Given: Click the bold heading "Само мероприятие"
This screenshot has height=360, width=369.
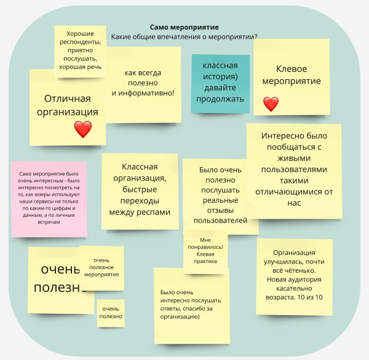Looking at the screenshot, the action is pyautogui.click(x=184, y=27).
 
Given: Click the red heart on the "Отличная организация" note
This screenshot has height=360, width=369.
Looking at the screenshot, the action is pyautogui.click(x=83, y=130).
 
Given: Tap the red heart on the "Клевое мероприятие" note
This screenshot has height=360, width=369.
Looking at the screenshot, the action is pyautogui.click(x=271, y=104).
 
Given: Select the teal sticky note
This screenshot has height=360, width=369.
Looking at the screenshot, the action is pyautogui.click(x=221, y=84).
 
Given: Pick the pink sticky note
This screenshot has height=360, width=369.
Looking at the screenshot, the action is pyautogui.click(x=49, y=199).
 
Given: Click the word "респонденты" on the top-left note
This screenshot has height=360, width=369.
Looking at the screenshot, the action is pyautogui.click(x=80, y=42).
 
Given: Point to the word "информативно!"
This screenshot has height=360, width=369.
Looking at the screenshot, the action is pyautogui.click(x=146, y=93).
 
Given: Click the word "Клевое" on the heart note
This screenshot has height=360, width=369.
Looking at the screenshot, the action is pyautogui.click(x=292, y=69).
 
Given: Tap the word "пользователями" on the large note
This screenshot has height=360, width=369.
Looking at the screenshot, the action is pyautogui.click(x=294, y=170).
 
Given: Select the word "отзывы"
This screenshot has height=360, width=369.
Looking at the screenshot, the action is pyautogui.click(x=220, y=211).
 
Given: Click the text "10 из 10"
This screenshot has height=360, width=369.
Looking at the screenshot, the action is pyautogui.click(x=310, y=297).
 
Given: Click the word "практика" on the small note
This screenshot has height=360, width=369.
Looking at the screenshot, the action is pyautogui.click(x=205, y=261).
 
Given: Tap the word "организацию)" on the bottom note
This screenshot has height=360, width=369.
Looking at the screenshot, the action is pyautogui.click(x=180, y=317).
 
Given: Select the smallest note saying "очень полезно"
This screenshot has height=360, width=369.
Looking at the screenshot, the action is pyautogui.click(x=111, y=313).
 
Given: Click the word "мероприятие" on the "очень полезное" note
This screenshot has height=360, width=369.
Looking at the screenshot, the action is pyautogui.click(x=101, y=275).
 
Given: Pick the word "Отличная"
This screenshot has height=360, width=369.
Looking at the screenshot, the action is pyautogui.click(x=67, y=98).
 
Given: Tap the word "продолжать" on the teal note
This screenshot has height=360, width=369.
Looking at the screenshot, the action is pyautogui.click(x=220, y=99).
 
